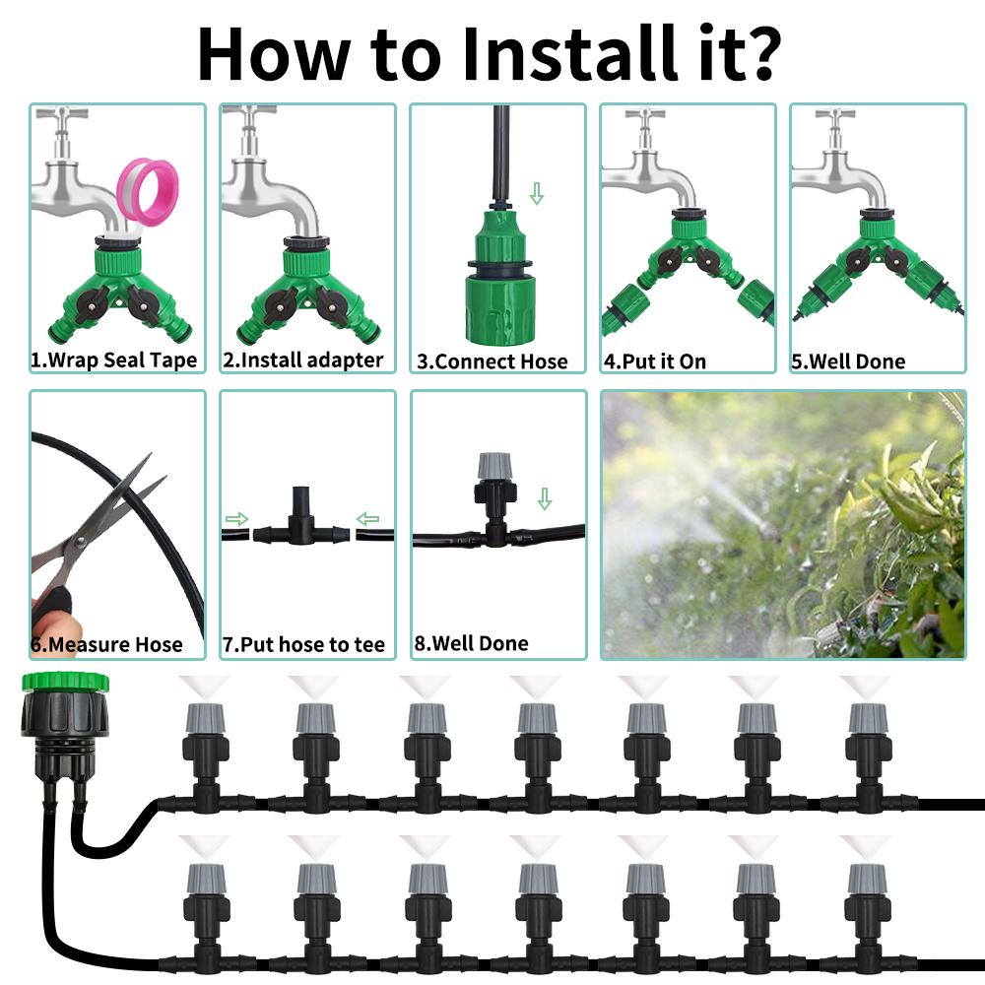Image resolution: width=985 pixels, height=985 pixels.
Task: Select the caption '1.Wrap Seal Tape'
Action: (114, 361)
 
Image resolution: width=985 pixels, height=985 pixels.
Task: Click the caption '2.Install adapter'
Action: (303, 361)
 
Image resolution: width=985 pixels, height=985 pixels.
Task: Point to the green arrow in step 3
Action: (537, 193)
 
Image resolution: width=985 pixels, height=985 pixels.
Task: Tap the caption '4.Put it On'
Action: (655, 361)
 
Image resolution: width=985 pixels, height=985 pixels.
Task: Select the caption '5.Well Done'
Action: (848, 361)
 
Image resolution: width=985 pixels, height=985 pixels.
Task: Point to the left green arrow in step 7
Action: (237, 518)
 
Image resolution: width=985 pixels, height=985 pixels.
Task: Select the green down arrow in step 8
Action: (545, 498)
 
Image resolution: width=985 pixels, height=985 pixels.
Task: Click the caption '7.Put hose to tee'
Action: (304, 645)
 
